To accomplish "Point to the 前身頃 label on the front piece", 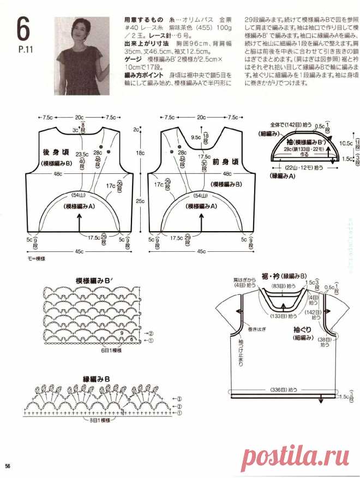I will [x=226, y=162].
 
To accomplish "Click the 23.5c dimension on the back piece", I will [x=82, y=154].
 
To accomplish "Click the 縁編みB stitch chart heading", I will [x=97, y=378].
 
